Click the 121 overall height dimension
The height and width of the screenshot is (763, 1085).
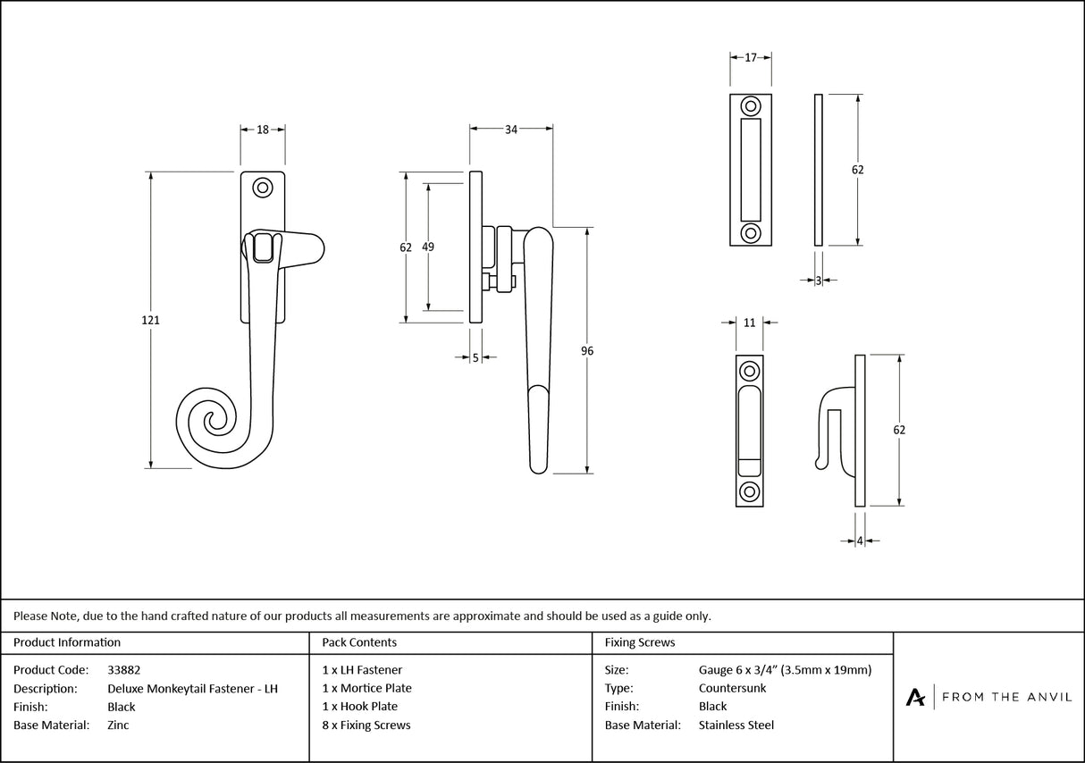[150, 319]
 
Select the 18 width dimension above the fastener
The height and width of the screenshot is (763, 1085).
[263, 130]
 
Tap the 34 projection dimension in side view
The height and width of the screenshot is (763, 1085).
[511, 130]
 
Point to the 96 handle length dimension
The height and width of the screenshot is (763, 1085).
[587, 351]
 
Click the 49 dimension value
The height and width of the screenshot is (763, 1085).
[428, 247]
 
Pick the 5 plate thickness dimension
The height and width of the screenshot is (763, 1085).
[475, 357]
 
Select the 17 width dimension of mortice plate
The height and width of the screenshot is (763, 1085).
[751, 57]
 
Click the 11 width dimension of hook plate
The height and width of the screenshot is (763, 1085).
[749, 322]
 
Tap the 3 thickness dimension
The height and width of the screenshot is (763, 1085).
[819, 280]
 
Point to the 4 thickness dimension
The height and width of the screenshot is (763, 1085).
[860, 541]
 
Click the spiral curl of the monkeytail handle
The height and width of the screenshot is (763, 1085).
[213, 423]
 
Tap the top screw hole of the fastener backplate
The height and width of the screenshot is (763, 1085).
[263, 188]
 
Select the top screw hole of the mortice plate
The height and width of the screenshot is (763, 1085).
[751, 105]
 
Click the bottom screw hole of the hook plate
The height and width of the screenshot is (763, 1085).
[749, 491]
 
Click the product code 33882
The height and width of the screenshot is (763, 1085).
[123, 669]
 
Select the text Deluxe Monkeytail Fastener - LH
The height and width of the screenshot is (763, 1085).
[192, 688]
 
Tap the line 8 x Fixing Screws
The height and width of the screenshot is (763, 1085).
[366, 725]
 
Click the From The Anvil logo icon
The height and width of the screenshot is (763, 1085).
[915, 697]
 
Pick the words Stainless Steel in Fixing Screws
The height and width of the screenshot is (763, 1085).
[736, 725]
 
